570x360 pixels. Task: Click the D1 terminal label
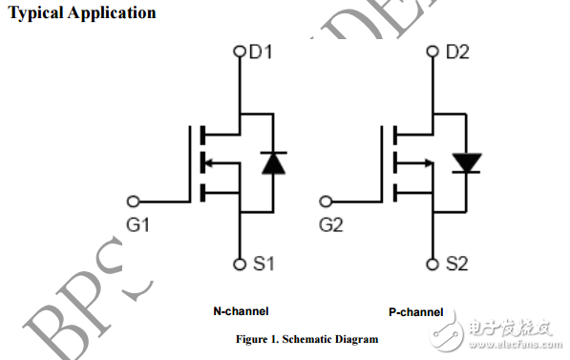[261, 53]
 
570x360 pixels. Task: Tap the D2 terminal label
[457, 53]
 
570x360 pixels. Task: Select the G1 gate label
[139, 225]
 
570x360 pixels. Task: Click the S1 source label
[261, 264]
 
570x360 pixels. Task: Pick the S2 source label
[456, 264]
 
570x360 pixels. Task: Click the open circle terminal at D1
[241, 53]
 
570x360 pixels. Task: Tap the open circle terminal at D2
[434, 53]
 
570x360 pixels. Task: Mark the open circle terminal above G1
[133, 201]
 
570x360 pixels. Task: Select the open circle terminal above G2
[327, 201]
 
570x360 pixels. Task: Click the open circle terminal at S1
[241, 263]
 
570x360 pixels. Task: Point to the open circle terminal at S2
[434, 263]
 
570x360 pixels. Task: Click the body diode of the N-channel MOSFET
[273, 162]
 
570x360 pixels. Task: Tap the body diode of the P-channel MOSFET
[467, 162]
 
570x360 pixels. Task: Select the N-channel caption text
[241, 311]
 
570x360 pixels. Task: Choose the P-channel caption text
[415, 311]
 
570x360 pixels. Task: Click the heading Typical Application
[82, 13]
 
